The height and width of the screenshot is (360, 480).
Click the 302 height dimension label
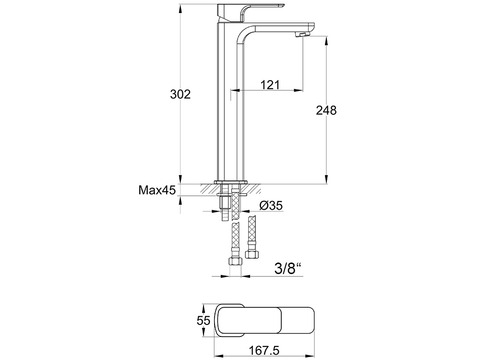coord(180,94)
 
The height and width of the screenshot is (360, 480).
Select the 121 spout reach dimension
coord(270,85)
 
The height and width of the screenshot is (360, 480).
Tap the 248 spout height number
coord(326,110)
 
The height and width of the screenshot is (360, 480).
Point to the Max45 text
coord(157,190)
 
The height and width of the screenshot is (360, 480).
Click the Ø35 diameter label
coord(271,206)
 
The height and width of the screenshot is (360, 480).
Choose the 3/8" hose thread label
coord(288,268)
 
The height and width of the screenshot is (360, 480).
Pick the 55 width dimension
coord(203,320)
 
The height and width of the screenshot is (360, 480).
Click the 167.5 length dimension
coord(264,351)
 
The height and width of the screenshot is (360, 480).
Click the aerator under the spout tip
coord(302,35)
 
